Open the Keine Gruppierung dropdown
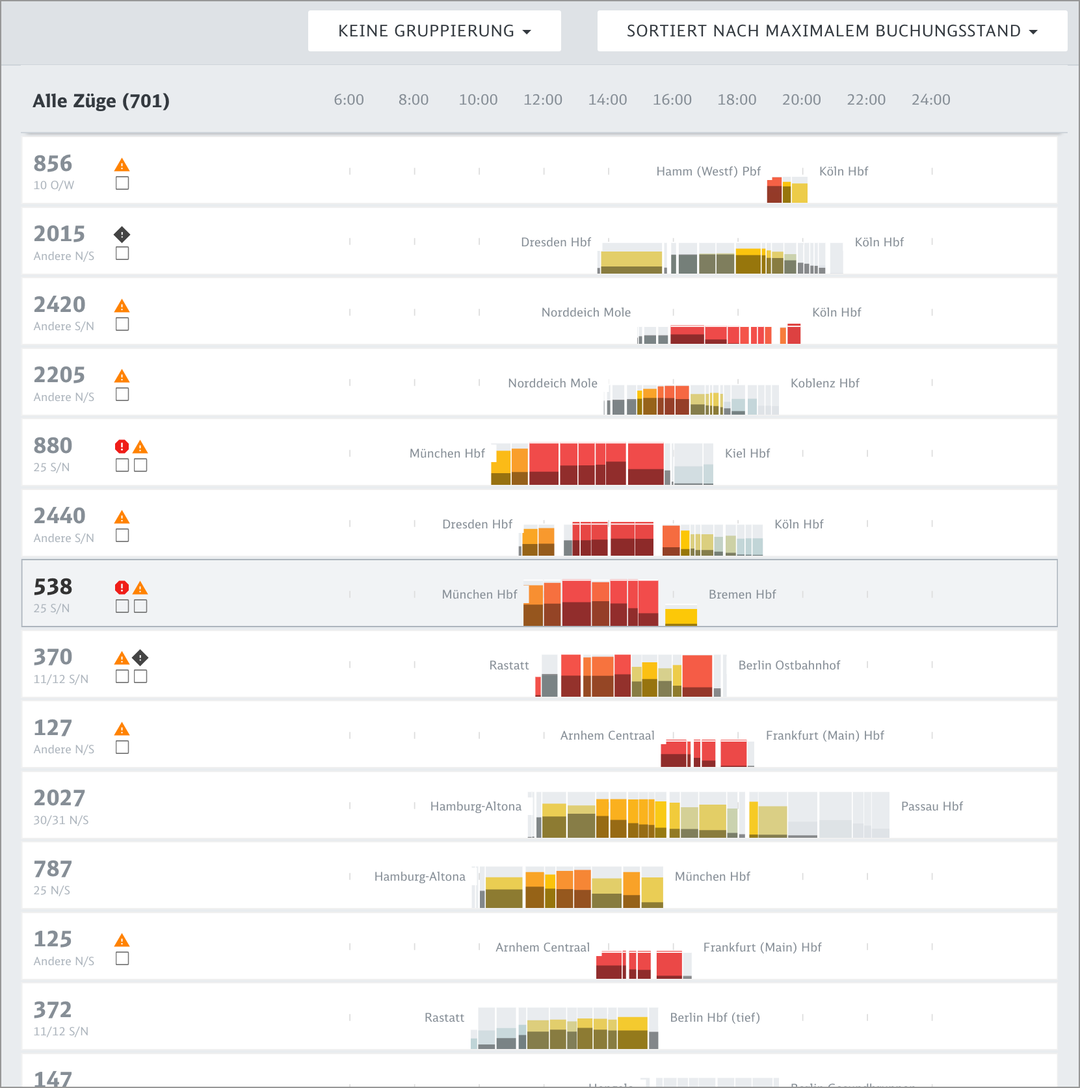434,31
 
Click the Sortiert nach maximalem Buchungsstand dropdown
832,31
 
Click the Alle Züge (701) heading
101,101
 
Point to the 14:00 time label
607,100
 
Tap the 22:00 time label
865,100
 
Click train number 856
53,164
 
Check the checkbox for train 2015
122,253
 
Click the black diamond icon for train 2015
122,234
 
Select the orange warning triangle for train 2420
122,306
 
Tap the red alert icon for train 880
122,447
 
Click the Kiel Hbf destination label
747,454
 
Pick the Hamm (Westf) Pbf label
708,172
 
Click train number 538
53,587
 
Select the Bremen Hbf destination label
742,595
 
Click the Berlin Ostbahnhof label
789,666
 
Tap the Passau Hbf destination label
932,807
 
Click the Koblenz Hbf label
824,383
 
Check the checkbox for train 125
122,959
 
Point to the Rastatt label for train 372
444,1018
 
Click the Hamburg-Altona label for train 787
419,877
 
